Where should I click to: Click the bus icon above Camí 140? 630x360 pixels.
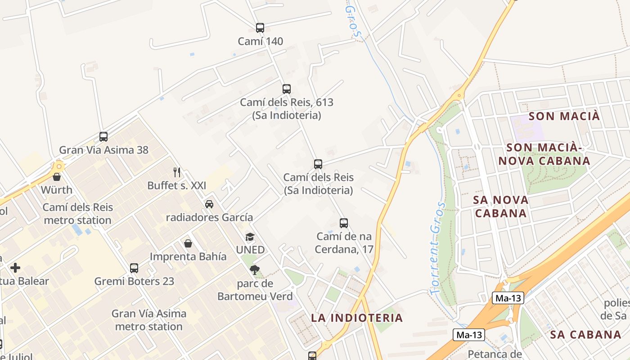(x=260, y=28)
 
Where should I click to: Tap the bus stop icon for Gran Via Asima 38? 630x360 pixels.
(x=103, y=137)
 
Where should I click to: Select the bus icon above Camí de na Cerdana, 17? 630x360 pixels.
(x=344, y=223)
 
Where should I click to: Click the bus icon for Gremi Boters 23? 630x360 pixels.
(x=134, y=268)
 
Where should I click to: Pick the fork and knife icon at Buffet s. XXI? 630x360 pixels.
(x=177, y=172)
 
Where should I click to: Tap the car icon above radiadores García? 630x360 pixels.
(x=209, y=204)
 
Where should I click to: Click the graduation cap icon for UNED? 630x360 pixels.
(x=250, y=237)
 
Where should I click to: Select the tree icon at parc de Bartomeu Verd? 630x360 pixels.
(x=255, y=270)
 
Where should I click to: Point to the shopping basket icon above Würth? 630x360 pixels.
(x=57, y=177)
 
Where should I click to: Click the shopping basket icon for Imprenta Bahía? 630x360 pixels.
(x=188, y=243)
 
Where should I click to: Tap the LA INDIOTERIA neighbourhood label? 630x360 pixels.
(x=357, y=318)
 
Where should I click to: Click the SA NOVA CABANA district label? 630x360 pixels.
(x=501, y=206)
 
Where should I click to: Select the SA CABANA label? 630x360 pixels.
(x=585, y=334)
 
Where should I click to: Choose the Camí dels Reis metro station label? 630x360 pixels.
(x=78, y=214)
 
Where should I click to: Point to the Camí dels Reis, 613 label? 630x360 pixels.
(x=287, y=108)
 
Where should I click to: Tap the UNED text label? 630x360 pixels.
(x=250, y=250)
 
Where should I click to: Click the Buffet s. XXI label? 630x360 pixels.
(x=176, y=185)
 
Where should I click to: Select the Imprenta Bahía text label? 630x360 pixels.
(x=188, y=256)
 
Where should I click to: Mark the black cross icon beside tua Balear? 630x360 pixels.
(x=15, y=268)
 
